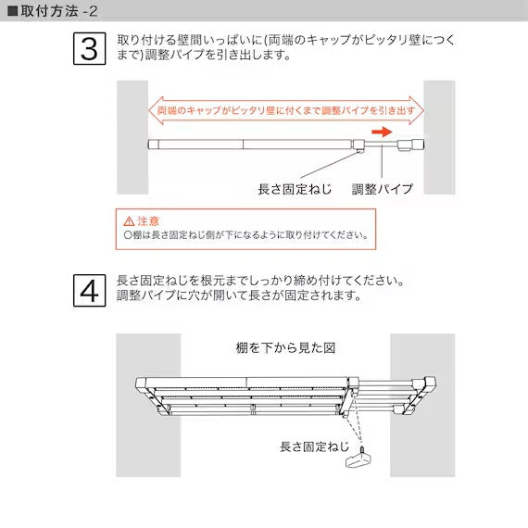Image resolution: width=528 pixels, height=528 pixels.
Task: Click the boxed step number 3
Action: (x=90, y=49)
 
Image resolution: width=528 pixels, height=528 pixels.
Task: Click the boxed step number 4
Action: (x=90, y=290)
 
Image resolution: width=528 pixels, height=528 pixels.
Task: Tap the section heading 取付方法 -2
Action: (x=59, y=11)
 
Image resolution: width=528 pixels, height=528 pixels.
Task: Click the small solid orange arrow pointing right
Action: (x=383, y=132)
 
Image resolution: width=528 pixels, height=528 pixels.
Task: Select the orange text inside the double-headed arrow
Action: (x=286, y=111)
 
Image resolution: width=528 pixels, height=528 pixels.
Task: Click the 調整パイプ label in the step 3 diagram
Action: (x=383, y=189)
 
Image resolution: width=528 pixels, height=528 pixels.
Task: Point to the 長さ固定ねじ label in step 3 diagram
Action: (x=295, y=189)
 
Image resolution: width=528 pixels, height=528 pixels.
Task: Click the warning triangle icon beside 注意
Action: (x=129, y=221)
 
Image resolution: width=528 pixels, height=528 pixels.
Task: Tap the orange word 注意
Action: (x=148, y=221)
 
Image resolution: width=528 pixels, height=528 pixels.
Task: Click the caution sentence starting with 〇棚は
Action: (x=245, y=234)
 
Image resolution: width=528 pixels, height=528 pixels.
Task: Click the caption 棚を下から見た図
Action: (x=285, y=348)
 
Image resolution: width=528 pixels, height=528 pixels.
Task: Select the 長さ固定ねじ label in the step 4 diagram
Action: (x=314, y=446)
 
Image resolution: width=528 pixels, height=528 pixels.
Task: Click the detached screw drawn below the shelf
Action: (x=359, y=458)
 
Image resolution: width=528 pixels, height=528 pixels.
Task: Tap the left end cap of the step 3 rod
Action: (x=153, y=145)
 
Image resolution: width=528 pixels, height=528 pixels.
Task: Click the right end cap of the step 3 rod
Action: (x=418, y=145)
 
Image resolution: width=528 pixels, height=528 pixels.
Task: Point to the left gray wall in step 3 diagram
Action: (x=132, y=137)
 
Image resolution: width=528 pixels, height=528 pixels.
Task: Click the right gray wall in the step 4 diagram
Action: (x=422, y=405)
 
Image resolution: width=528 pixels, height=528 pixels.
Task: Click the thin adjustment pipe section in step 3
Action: (x=382, y=145)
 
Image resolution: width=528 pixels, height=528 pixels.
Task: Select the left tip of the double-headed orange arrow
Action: (x=149, y=111)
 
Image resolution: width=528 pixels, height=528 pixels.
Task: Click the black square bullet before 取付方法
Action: (x=12, y=11)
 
